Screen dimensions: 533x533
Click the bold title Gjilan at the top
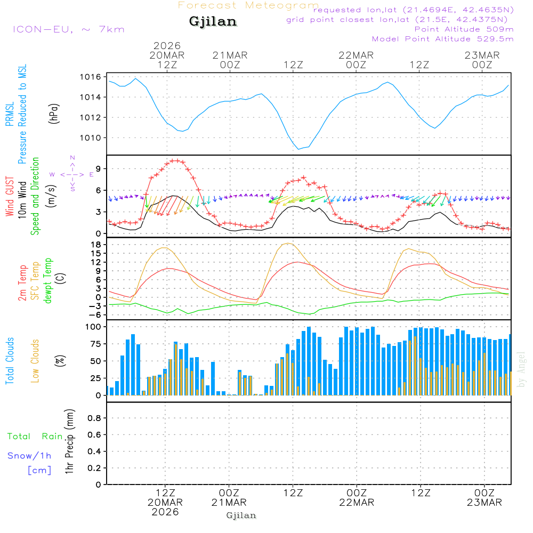pyautogui.click(x=213, y=22)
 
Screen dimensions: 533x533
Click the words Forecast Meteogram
pyautogui.click(x=248, y=5)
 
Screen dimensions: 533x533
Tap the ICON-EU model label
pyautogui.click(x=68, y=29)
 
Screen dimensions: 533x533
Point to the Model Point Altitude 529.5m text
pyautogui.click(x=442, y=39)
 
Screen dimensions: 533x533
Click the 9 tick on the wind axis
pyautogui.click(x=98, y=168)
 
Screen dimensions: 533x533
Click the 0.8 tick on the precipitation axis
pyautogui.click(x=94, y=418)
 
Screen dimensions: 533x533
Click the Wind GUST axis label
pyautogui.click(x=10, y=197)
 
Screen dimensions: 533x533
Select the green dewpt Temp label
pyautogui.click(x=49, y=281)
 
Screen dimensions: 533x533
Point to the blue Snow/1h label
pyautogui.click(x=30, y=456)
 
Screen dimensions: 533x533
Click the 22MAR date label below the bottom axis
pyautogui.click(x=357, y=503)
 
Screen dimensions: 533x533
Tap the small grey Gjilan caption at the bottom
pyautogui.click(x=241, y=515)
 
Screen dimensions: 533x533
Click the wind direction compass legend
pyautogui.click(x=72, y=174)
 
